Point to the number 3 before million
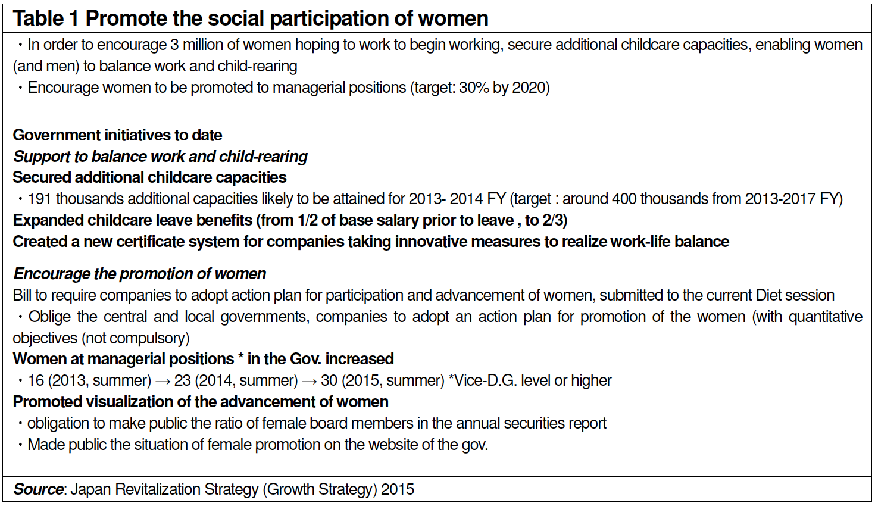(x=174, y=45)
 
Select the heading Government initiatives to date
(x=118, y=135)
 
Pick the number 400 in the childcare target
(x=624, y=199)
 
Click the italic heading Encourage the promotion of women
(x=140, y=273)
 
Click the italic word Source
(x=38, y=489)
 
